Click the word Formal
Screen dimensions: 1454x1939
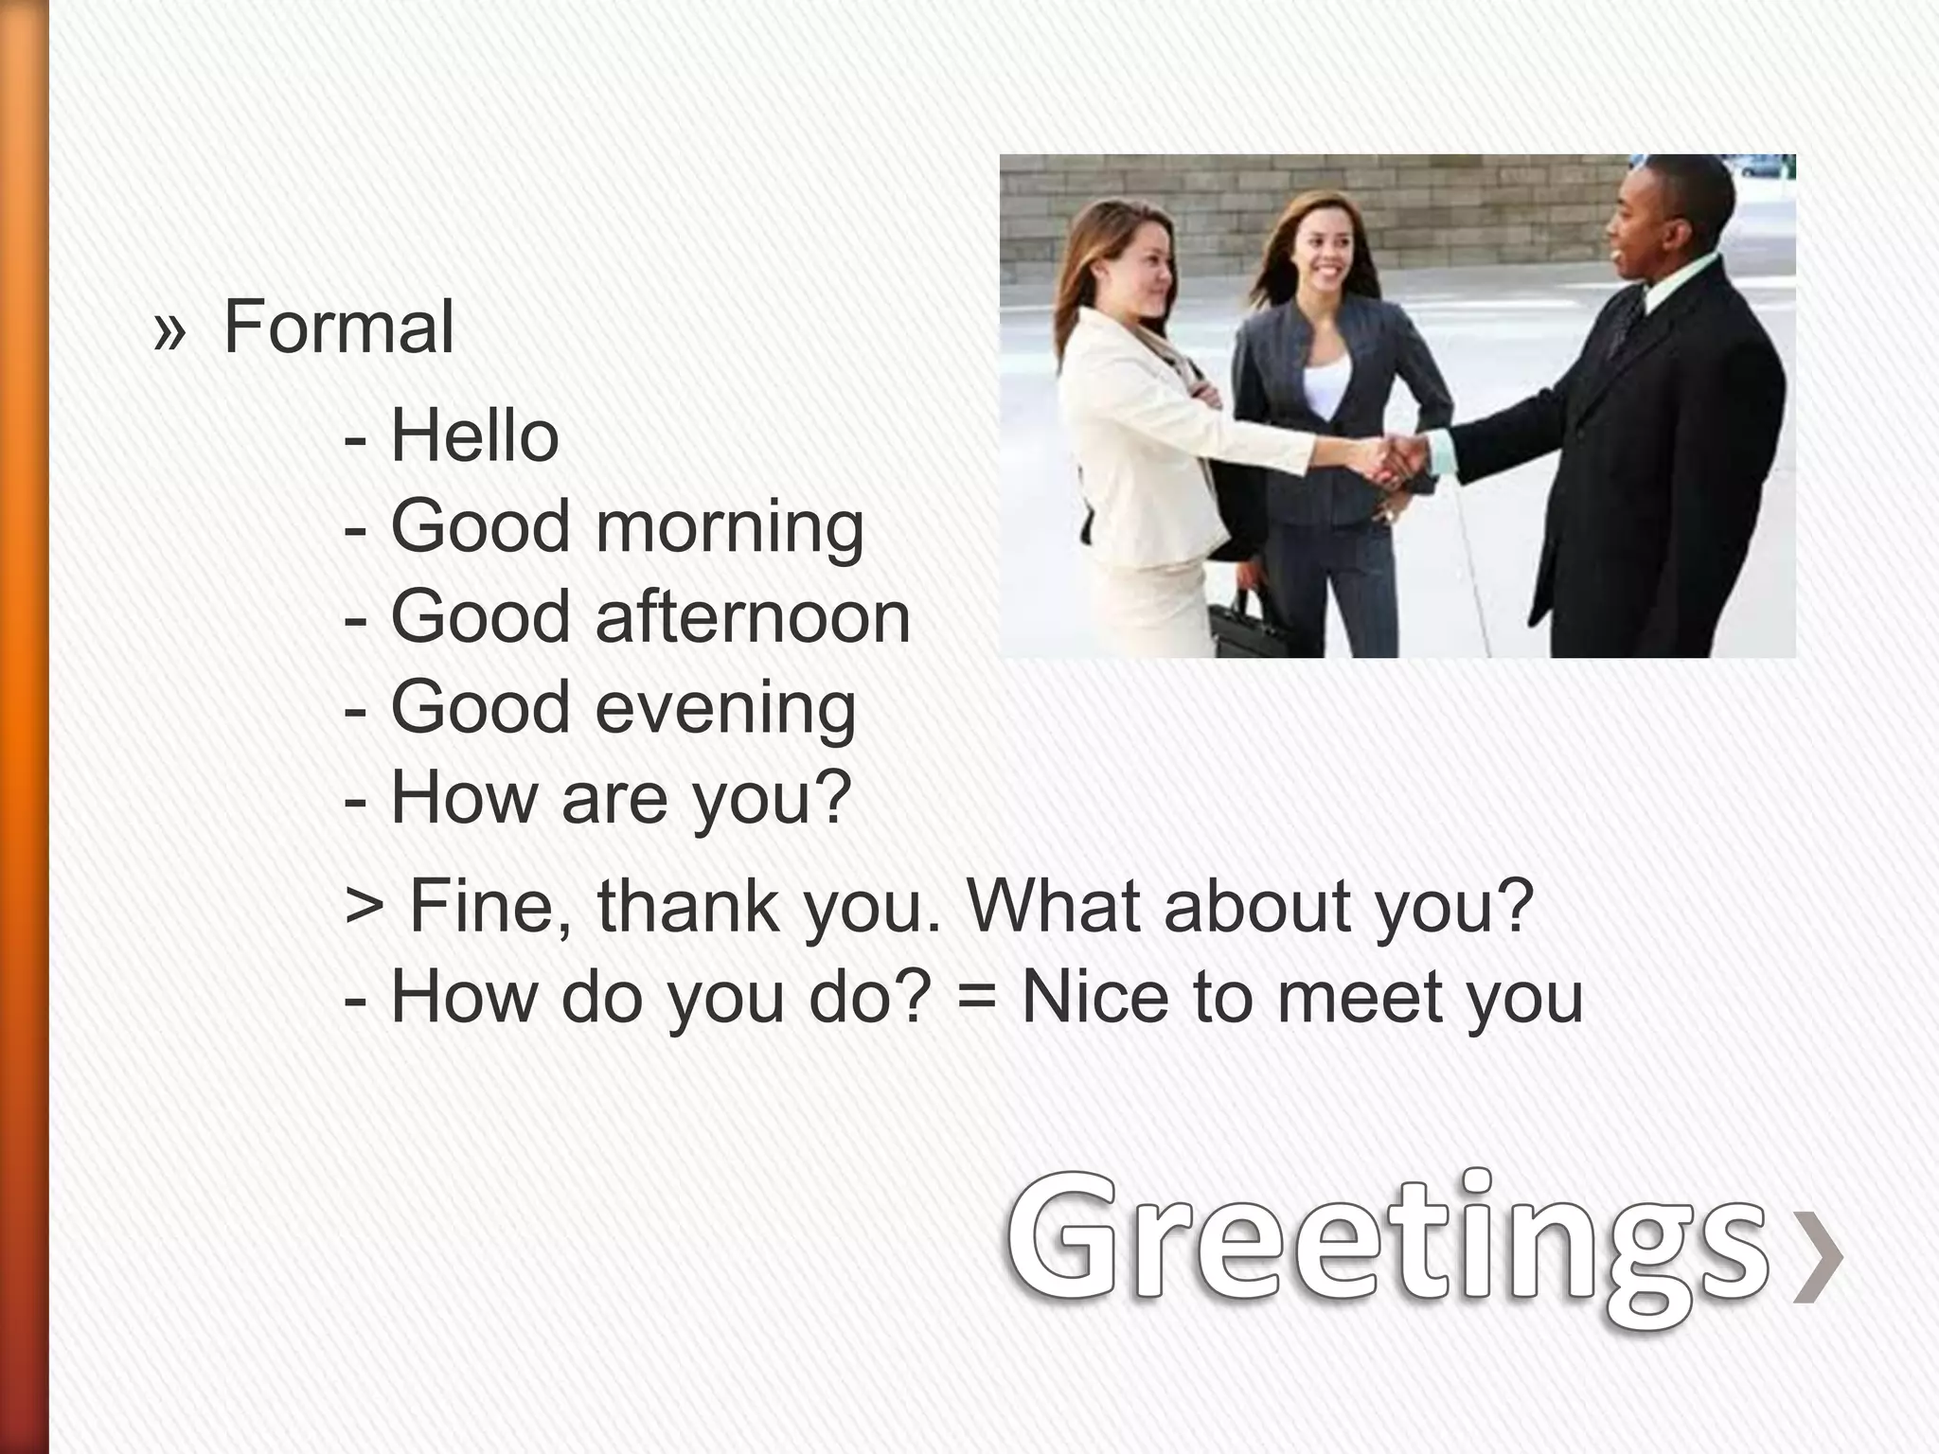click(x=338, y=328)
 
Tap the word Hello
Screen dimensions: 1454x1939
click(x=474, y=436)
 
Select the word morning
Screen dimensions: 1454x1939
click(x=729, y=527)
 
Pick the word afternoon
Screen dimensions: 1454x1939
click(x=753, y=617)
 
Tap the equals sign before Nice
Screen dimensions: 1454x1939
click(x=975, y=999)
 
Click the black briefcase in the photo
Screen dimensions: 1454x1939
click(x=1245, y=625)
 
